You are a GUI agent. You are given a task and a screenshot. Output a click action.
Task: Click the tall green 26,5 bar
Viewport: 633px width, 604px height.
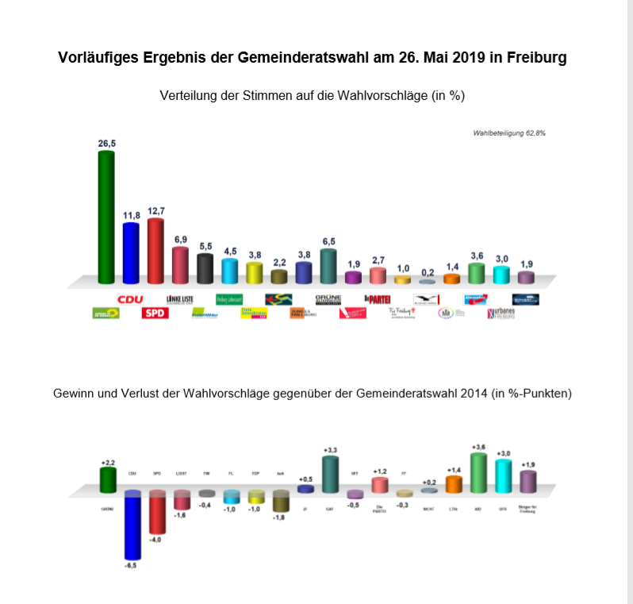[105, 216]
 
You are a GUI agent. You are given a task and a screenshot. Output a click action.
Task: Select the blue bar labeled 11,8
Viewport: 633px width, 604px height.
[131, 252]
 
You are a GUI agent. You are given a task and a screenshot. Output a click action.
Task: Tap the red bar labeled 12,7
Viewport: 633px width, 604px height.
[155, 250]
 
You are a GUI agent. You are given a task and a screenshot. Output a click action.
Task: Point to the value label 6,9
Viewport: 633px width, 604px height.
[180, 239]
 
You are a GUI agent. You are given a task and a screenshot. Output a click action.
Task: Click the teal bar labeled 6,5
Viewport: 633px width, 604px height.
[328, 266]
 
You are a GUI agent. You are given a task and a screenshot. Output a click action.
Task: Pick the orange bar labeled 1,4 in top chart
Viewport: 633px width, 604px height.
[451, 278]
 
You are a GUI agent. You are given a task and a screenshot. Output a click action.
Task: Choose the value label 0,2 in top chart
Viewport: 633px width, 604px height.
[427, 271]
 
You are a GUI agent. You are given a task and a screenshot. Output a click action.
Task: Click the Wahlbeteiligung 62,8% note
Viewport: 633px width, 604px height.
[508, 133]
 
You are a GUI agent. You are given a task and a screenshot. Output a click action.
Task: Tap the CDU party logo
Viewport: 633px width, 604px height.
[130, 299]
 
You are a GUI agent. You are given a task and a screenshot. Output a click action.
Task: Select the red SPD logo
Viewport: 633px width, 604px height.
[155, 313]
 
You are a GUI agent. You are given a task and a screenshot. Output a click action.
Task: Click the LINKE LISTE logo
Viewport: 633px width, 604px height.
[180, 299]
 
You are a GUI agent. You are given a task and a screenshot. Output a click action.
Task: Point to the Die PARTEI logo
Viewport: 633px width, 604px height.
[378, 299]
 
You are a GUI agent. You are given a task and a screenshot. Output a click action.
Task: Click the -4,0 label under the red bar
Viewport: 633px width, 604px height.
[155, 541]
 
